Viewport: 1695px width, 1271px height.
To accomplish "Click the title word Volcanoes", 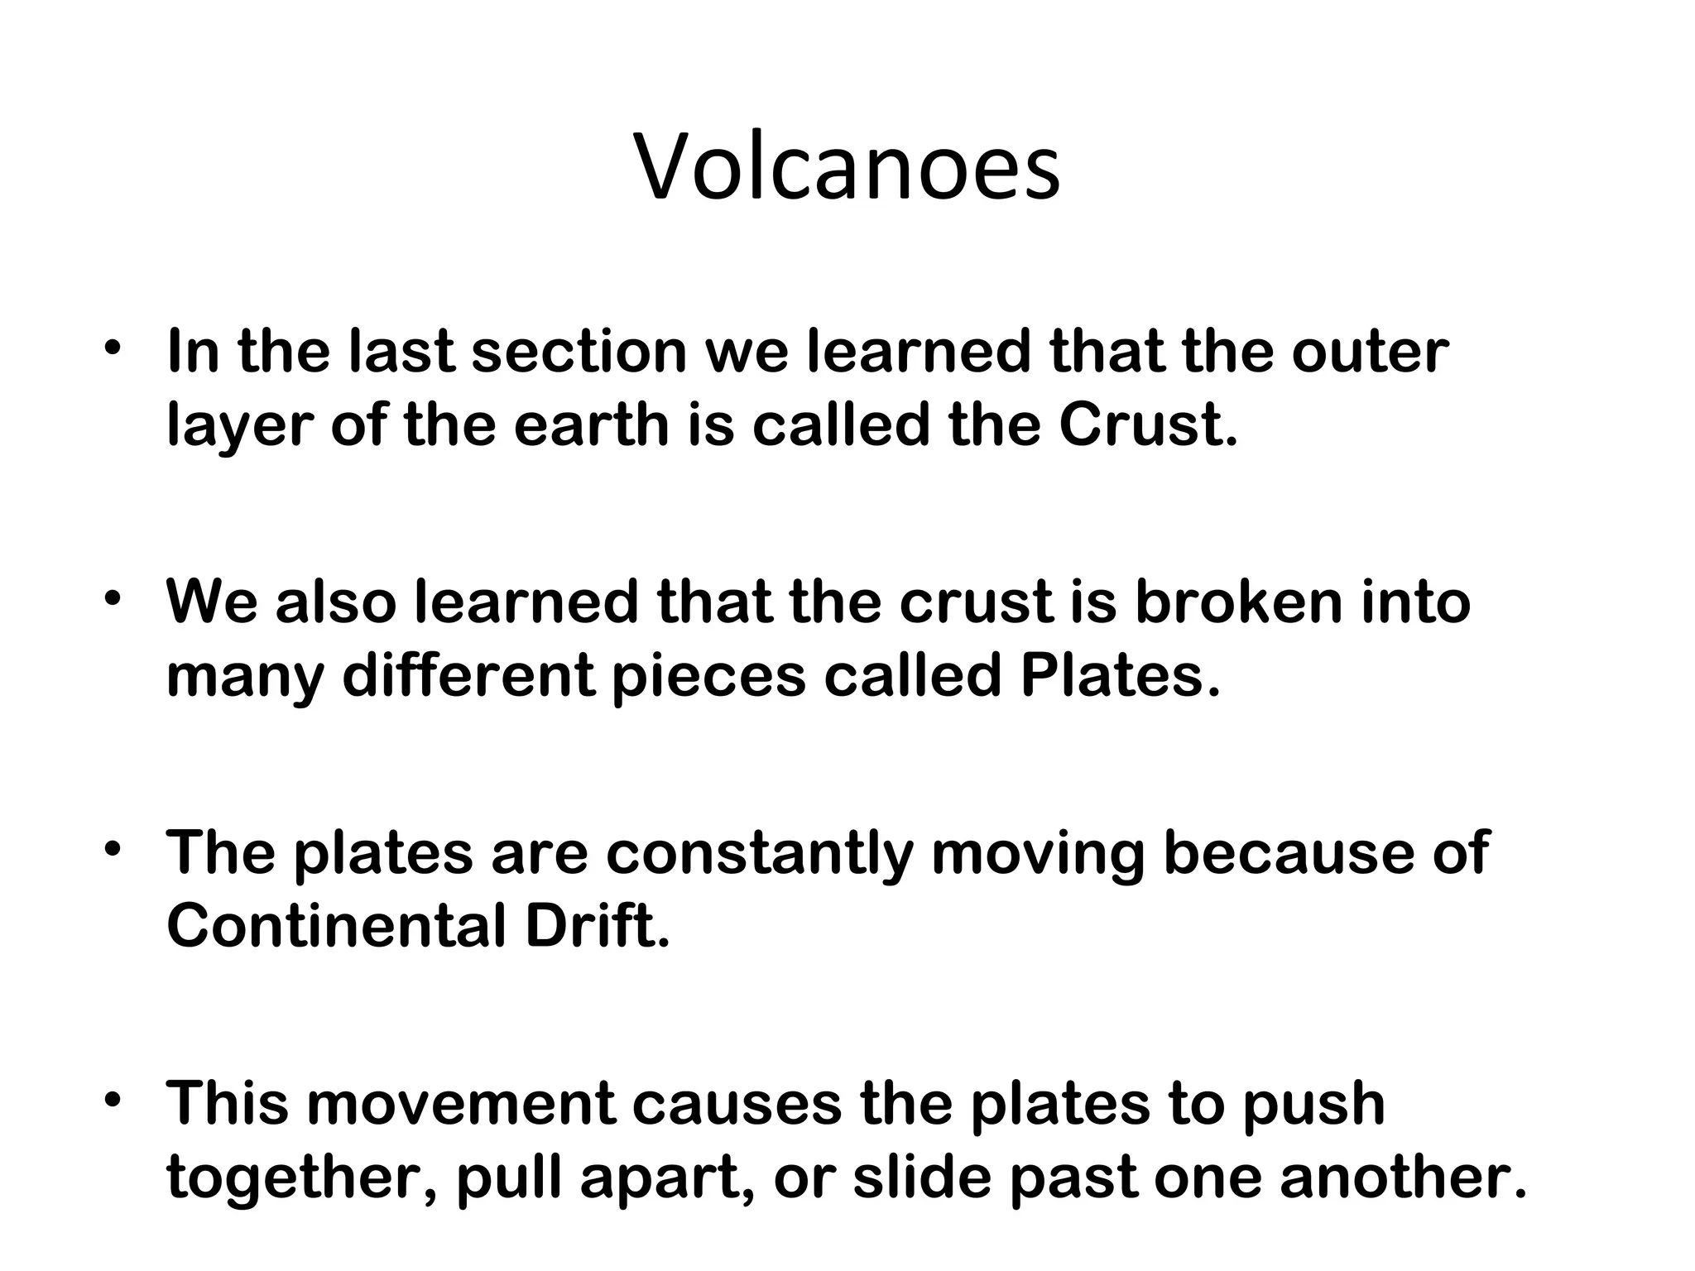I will coord(847,169).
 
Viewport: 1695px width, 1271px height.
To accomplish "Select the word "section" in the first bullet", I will coord(579,351).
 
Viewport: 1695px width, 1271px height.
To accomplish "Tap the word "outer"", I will coord(1369,351).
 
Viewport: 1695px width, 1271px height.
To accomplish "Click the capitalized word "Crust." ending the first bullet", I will coord(1148,425).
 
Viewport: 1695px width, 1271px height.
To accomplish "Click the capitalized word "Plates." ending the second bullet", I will coord(1120,676).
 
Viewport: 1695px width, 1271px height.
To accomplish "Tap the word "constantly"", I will coord(759,853).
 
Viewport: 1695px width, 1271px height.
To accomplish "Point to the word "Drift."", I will coord(597,927).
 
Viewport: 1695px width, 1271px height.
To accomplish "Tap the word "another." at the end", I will coord(1403,1177).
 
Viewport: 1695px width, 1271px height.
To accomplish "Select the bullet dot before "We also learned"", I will coord(114,597).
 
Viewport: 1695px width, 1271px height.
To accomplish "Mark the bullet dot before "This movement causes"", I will coord(114,1100).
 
